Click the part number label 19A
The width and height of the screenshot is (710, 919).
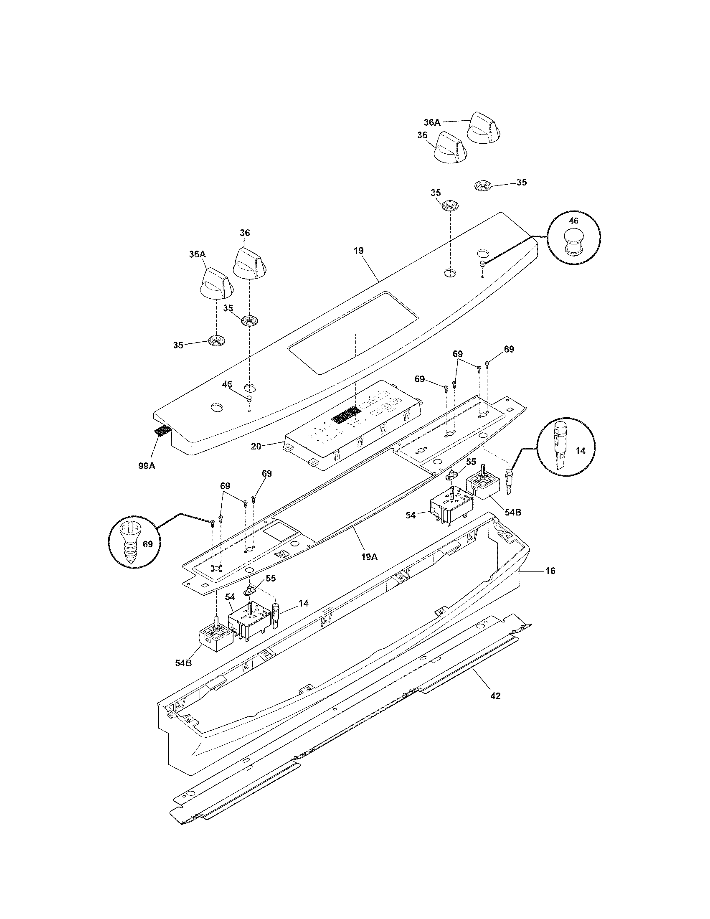point(369,557)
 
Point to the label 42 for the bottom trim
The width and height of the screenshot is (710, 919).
point(495,696)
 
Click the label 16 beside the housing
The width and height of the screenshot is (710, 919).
point(550,571)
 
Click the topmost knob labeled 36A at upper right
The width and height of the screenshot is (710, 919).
point(483,127)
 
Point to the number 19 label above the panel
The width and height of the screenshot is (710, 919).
point(359,251)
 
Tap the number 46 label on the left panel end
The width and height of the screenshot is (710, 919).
point(227,384)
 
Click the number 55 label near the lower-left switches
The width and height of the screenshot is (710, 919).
point(271,578)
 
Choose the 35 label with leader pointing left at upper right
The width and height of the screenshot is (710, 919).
point(521,182)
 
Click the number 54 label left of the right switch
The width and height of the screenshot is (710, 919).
point(411,515)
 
